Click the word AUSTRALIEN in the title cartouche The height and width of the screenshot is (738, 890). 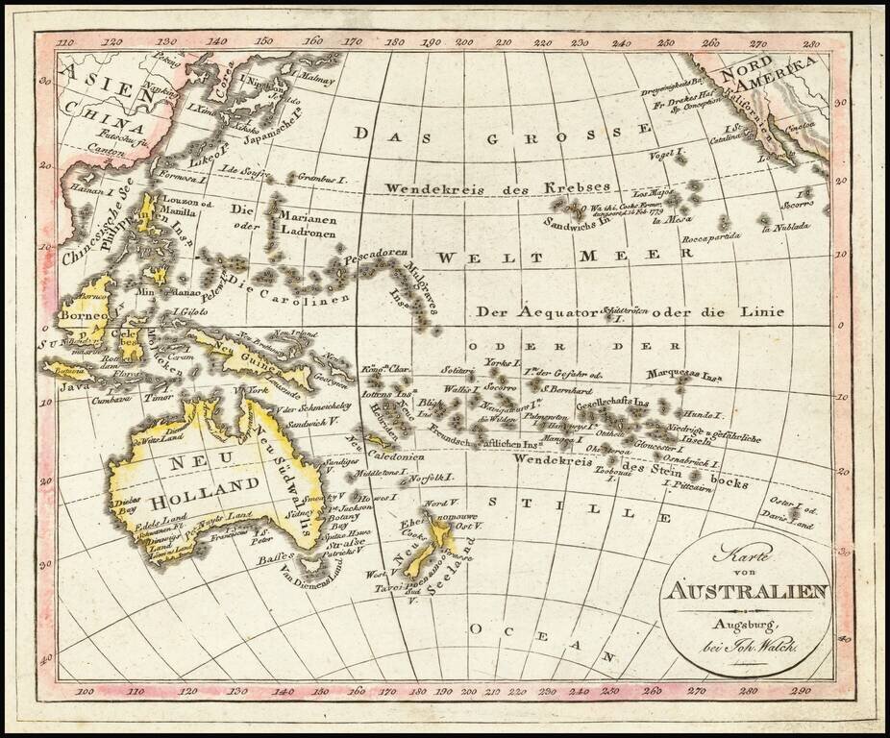coord(744,589)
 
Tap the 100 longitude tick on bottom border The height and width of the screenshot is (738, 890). coord(85,689)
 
